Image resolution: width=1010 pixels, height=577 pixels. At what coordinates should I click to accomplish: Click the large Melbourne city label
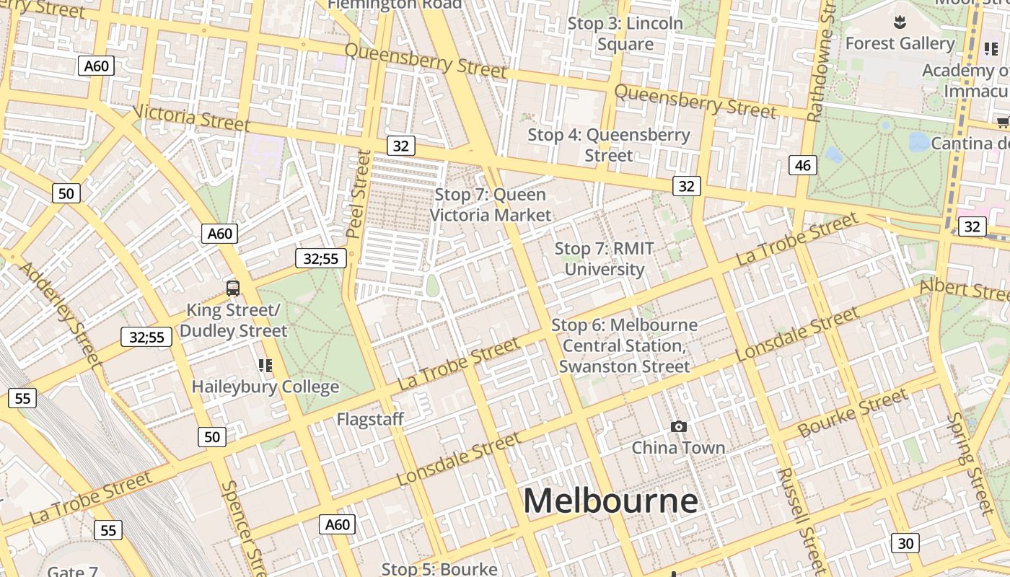pyautogui.click(x=610, y=501)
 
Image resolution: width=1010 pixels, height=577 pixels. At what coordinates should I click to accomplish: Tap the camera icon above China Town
pyautogui.click(x=678, y=427)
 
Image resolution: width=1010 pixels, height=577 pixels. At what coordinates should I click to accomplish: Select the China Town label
pyautogui.click(x=678, y=448)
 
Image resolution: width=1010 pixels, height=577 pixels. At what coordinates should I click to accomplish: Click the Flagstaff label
pyautogui.click(x=370, y=419)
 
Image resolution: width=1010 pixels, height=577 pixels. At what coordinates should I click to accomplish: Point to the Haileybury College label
pyautogui.click(x=265, y=387)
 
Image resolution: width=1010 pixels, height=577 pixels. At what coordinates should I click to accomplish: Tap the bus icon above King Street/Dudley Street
pyautogui.click(x=232, y=288)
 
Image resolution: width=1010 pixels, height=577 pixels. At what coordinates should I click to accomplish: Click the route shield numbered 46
pyautogui.click(x=803, y=166)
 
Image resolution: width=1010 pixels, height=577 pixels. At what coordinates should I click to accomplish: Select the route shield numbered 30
pyautogui.click(x=905, y=543)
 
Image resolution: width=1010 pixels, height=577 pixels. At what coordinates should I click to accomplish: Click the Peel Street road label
pyautogui.click(x=358, y=193)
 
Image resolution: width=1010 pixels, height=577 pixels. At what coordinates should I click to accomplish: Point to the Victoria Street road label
pyautogui.click(x=191, y=118)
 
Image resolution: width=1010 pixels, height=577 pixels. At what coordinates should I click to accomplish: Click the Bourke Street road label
pyautogui.click(x=853, y=413)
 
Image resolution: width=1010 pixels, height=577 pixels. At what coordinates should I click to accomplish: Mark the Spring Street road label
pyautogui.click(x=970, y=458)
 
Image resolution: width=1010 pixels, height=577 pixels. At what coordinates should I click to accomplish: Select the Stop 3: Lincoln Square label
pyautogui.click(x=625, y=34)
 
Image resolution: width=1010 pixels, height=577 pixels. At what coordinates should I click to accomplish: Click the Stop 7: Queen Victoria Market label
pyautogui.click(x=491, y=205)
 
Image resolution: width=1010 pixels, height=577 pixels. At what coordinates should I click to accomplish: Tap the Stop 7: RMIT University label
pyautogui.click(x=605, y=259)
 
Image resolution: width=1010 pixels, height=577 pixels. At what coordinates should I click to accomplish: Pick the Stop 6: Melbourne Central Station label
pyautogui.click(x=625, y=345)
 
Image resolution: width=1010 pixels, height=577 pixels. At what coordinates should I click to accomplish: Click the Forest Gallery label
pyautogui.click(x=900, y=43)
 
